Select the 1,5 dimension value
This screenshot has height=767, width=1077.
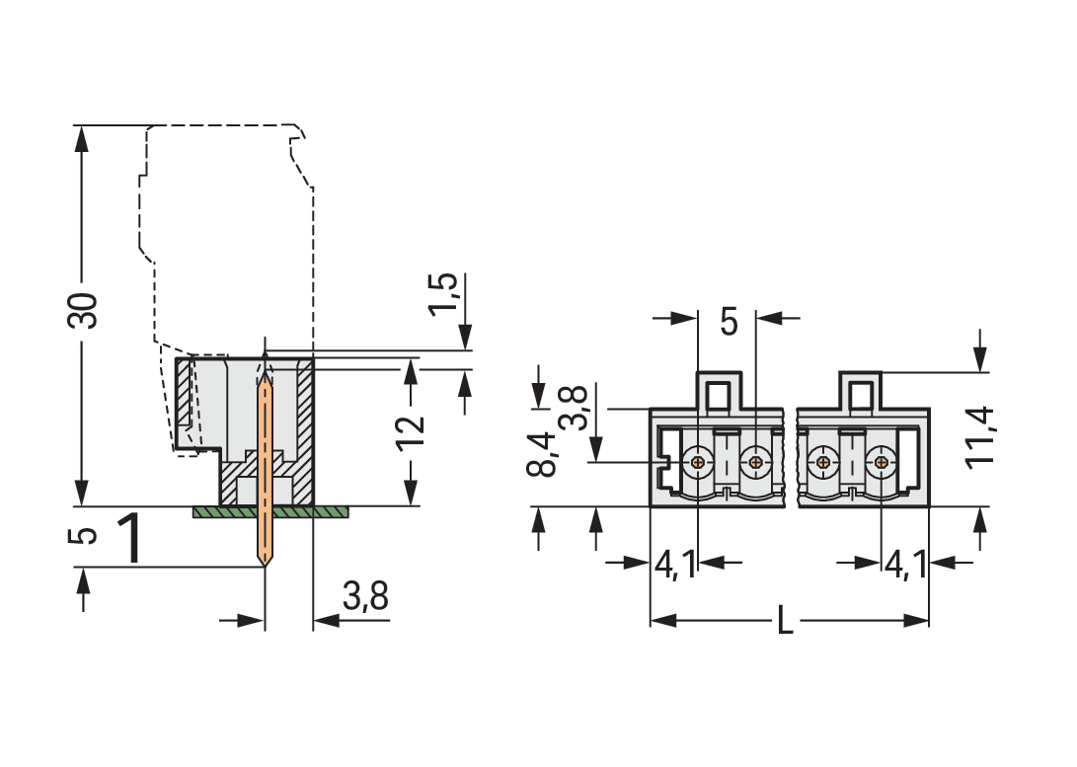point(443,293)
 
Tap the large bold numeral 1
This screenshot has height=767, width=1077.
point(131,539)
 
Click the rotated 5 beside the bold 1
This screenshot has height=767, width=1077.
point(87,535)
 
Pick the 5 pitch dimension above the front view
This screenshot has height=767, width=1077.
point(729,322)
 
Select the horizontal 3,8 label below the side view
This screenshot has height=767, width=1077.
point(365,597)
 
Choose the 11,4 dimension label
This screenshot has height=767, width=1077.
point(982,436)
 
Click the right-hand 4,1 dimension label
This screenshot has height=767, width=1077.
point(905,565)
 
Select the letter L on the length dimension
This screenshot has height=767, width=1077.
point(785,622)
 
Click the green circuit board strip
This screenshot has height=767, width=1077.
point(270,512)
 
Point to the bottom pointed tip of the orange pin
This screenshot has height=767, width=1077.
point(265,566)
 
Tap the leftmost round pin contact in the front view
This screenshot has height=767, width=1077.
point(699,461)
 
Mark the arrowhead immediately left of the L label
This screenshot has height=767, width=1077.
point(662,621)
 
